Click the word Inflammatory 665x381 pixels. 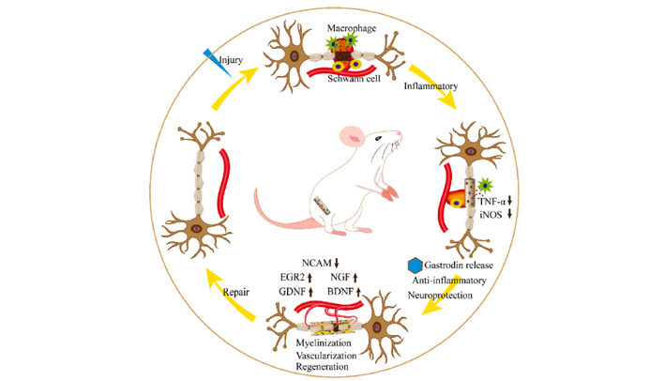pyautogui.click(x=430, y=87)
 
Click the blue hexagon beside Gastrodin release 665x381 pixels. pyautogui.click(x=416, y=266)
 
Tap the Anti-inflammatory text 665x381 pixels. pyautogui.click(x=449, y=280)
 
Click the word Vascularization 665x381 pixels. pyautogui.click(x=328, y=357)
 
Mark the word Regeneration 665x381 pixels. pyautogui.click(x=325, y=369)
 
